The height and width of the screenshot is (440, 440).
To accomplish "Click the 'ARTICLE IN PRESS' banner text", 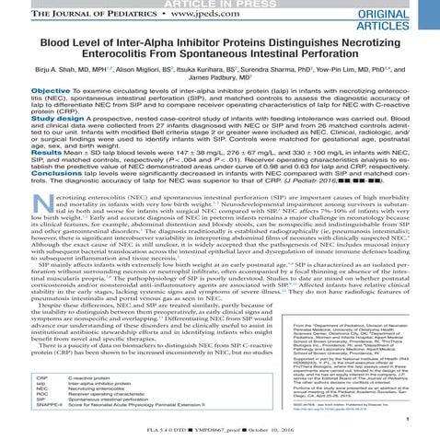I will (x=220, y=6).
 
